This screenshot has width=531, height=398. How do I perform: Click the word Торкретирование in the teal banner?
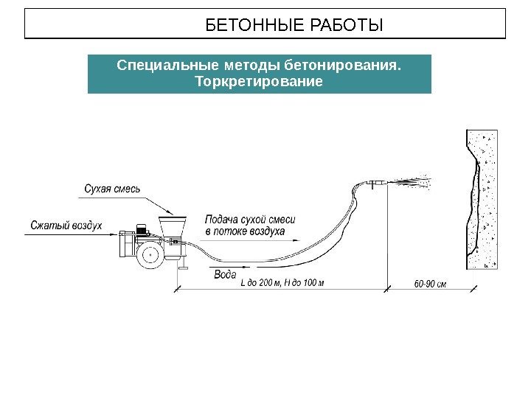click(x=258, y=80)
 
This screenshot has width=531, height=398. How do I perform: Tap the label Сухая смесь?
click(x=112, y=189)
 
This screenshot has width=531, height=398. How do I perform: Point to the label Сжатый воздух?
click(x=66, y=224)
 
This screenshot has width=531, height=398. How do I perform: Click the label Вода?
click(x=224, y=274)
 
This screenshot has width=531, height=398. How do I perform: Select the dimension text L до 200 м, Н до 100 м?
click(x=282, y=282)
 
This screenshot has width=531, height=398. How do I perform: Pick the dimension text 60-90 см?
click(x=430, y=282)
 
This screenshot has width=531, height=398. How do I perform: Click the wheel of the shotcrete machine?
click(x=153, y=255)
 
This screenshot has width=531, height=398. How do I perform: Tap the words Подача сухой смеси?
click(x=249, y=220)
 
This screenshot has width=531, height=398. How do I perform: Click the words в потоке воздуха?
click(x=244, y=231)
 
